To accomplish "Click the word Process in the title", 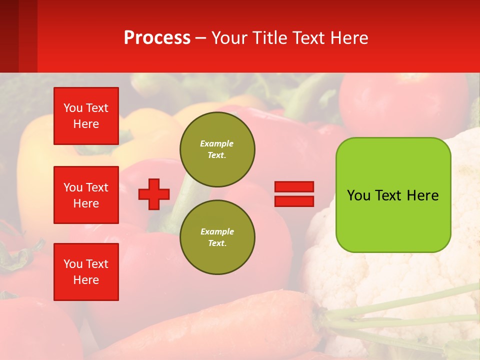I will point(157,38).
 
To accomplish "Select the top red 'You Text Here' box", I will point(86,116).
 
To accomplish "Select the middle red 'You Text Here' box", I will point(86,195).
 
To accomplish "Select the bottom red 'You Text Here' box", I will point(86,272).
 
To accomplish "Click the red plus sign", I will point(154,194).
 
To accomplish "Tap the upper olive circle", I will point(217,149).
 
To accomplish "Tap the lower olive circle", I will point(217,237).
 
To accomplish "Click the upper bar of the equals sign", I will point(294,187).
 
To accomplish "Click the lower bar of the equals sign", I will point(294,201).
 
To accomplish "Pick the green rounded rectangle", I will point(393,220).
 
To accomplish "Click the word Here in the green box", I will point(422,195).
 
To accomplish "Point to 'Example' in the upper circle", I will point(216,143).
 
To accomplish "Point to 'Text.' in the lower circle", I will point(217,243).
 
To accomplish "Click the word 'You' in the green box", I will point(358,195).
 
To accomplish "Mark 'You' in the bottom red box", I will point(73,264).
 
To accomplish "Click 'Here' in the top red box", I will point(86,124).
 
